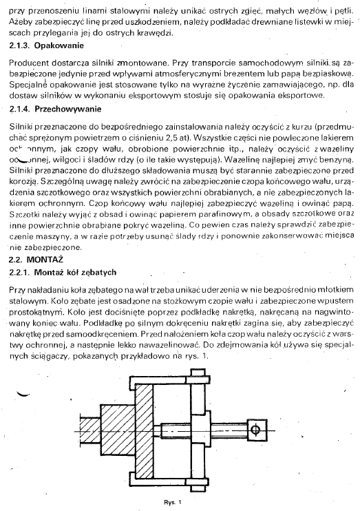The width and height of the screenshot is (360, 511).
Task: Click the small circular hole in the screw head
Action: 255,430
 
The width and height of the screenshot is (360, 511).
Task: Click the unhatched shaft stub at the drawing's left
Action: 89,427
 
